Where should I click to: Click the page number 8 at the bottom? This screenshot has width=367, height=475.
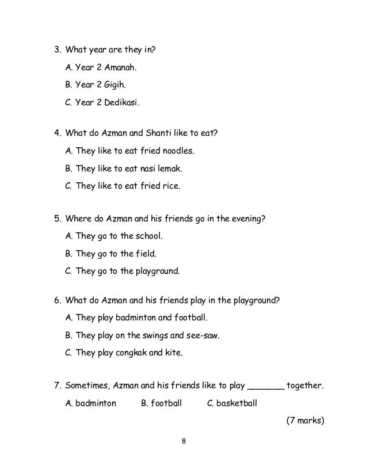[x=183, y=441]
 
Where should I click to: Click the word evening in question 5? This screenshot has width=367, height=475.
[x=249, y=219]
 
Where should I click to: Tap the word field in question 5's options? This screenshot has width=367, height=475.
[x=145, y=252]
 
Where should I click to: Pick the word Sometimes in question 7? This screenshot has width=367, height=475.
[x=86, y=386]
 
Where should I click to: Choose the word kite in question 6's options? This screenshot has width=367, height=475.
[x=174, y=352]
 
